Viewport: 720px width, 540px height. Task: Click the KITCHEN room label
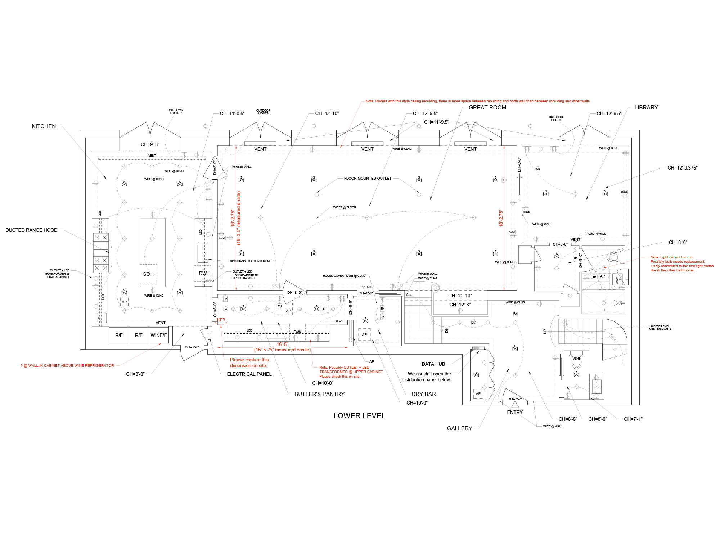coord(44,126)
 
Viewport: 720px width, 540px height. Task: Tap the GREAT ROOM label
coord(487,108)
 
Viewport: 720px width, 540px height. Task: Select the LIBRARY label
coord(646,108)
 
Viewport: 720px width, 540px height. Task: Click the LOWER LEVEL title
coord(359,416)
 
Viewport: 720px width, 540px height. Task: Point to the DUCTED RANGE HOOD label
coord(31,230)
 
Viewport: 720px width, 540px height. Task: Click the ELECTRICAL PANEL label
coord(249,374)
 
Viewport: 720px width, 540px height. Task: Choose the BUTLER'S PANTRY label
coord(319,394)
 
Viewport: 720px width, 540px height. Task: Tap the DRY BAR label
coord(423,394)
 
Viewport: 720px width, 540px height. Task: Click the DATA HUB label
coord(433,364)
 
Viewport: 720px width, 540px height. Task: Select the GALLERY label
coord(459,428)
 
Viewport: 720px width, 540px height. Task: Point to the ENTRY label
coord(515,412)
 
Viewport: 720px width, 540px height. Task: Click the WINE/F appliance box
coord(158,335)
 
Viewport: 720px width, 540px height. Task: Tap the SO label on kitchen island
coord(146,274)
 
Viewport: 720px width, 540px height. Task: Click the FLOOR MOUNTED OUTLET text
coord(368,178)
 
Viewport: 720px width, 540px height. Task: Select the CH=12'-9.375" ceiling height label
coord(682,168)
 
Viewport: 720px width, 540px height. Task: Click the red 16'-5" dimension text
coord(282,345)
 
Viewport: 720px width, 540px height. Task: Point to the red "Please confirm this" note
coord(249,360)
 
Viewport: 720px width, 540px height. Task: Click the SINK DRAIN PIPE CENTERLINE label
coord(251,261)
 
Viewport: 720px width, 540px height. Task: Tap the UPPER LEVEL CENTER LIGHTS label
coord(660,327)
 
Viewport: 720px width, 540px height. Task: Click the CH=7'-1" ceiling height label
coord(633,419)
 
